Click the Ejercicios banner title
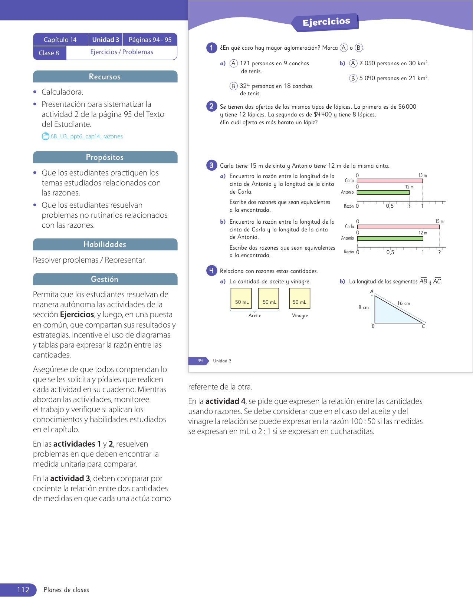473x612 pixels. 326,22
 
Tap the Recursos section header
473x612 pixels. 105,77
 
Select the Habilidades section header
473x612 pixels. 105,244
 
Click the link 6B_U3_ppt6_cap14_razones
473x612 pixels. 86,136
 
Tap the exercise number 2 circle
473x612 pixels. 211,106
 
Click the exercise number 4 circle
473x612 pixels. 211,271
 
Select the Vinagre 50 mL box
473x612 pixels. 299,299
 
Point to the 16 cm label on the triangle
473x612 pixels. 404,303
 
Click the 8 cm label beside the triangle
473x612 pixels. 364,307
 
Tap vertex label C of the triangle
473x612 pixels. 423,326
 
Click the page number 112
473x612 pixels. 23,590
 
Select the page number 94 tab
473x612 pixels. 200,361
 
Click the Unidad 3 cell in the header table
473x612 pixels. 106,40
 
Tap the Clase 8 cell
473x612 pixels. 49,53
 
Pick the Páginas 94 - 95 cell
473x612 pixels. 150,40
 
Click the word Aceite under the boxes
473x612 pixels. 255,316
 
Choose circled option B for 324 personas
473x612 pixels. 233,86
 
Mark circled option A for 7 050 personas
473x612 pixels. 354,63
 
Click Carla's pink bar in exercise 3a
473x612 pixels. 390,181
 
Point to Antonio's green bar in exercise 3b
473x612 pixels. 390,238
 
